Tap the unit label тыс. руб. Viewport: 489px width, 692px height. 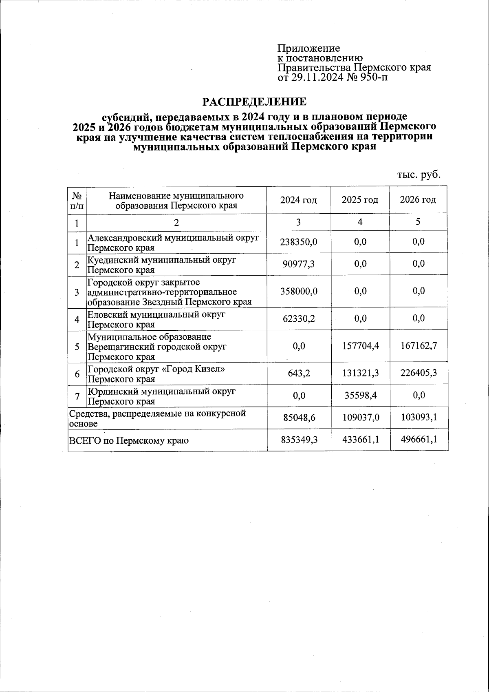[419, 175]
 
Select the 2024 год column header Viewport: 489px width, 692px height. [298, 200]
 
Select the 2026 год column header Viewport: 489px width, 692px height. [418, 200]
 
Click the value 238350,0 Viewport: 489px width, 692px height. [298, 242]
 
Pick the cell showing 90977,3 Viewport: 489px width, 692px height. [298, 264]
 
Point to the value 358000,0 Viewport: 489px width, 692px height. [298, 291]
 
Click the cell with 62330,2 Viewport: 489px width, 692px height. [298, 318]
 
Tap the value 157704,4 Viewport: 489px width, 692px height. [360, 346]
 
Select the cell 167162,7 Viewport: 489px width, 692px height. [418, 346]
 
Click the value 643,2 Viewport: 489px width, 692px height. [298, 373]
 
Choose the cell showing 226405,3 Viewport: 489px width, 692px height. [418, 373]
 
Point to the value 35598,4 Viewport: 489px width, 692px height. [360, 395]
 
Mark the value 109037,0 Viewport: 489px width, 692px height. [360, 418]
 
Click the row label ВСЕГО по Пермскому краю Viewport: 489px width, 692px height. [129, 441]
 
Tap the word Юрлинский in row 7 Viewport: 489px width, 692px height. [107, 392]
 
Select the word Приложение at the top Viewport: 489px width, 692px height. [308, 49]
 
